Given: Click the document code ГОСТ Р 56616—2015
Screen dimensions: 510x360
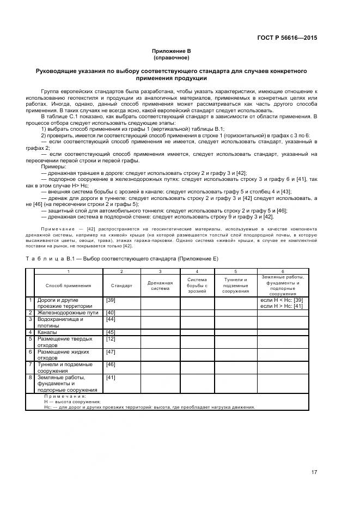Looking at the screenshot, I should pyautogui.click(x=287, y=38).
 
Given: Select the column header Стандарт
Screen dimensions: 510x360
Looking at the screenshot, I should pyautogui.click(x=121, y=286).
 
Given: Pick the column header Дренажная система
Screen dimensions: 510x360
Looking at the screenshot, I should pyautogui.click(x=160, y=286).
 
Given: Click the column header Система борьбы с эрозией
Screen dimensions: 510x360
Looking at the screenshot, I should pyautogui.click(x=197, y=286).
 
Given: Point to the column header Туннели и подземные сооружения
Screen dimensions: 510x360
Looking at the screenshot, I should pyautogui.click(x=235, y=286).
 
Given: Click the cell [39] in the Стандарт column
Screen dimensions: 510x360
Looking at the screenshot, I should pyautogui.click(x=111, y=300).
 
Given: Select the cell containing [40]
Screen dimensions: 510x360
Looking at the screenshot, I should pyautogui.click(x=111, y=312).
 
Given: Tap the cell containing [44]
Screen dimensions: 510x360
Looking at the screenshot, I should pyautogui.click(x=111, y=319).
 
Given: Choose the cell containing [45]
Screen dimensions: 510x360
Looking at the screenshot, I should pyautogui.click(x=111, y=332).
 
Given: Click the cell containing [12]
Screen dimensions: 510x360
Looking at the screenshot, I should pyautogui.click(x=111, y=339).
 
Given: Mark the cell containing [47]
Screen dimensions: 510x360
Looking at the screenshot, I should pyautogui.click(x=111, y=352).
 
